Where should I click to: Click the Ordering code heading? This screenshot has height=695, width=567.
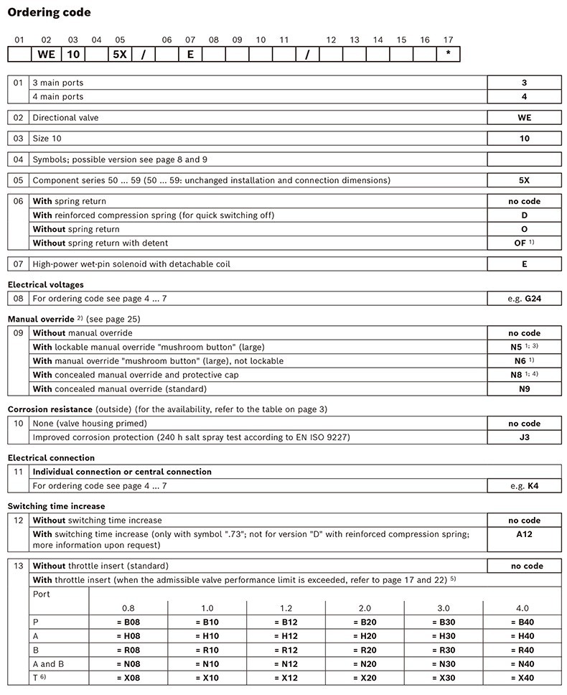point(50,12)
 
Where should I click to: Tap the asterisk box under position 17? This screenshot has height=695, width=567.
point(448,55)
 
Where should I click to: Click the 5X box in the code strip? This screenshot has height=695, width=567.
point(119,55)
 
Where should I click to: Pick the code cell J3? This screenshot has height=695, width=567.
point(524,437)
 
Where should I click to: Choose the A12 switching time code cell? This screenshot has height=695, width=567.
point(524,534)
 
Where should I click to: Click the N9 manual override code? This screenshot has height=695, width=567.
point(524,388)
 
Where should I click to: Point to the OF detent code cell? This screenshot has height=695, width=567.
point(524,243)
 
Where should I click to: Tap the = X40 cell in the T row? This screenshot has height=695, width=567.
point(522,677)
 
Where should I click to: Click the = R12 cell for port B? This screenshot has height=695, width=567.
point(286,649)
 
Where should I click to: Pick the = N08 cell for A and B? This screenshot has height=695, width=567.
point(128,663)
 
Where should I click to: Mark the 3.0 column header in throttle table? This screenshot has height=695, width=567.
point(444,607)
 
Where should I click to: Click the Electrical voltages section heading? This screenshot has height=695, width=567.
point(45,284)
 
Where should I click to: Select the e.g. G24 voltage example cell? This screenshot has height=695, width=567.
point(524,298)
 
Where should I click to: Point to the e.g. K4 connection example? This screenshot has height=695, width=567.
point(524,485)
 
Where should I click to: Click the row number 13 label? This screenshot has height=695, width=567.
point(19,566)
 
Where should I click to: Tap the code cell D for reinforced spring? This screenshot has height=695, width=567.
point(524,215)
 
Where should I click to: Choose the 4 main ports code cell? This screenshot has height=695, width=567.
point(524,96)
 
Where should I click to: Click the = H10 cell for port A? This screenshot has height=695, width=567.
point(207,635)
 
